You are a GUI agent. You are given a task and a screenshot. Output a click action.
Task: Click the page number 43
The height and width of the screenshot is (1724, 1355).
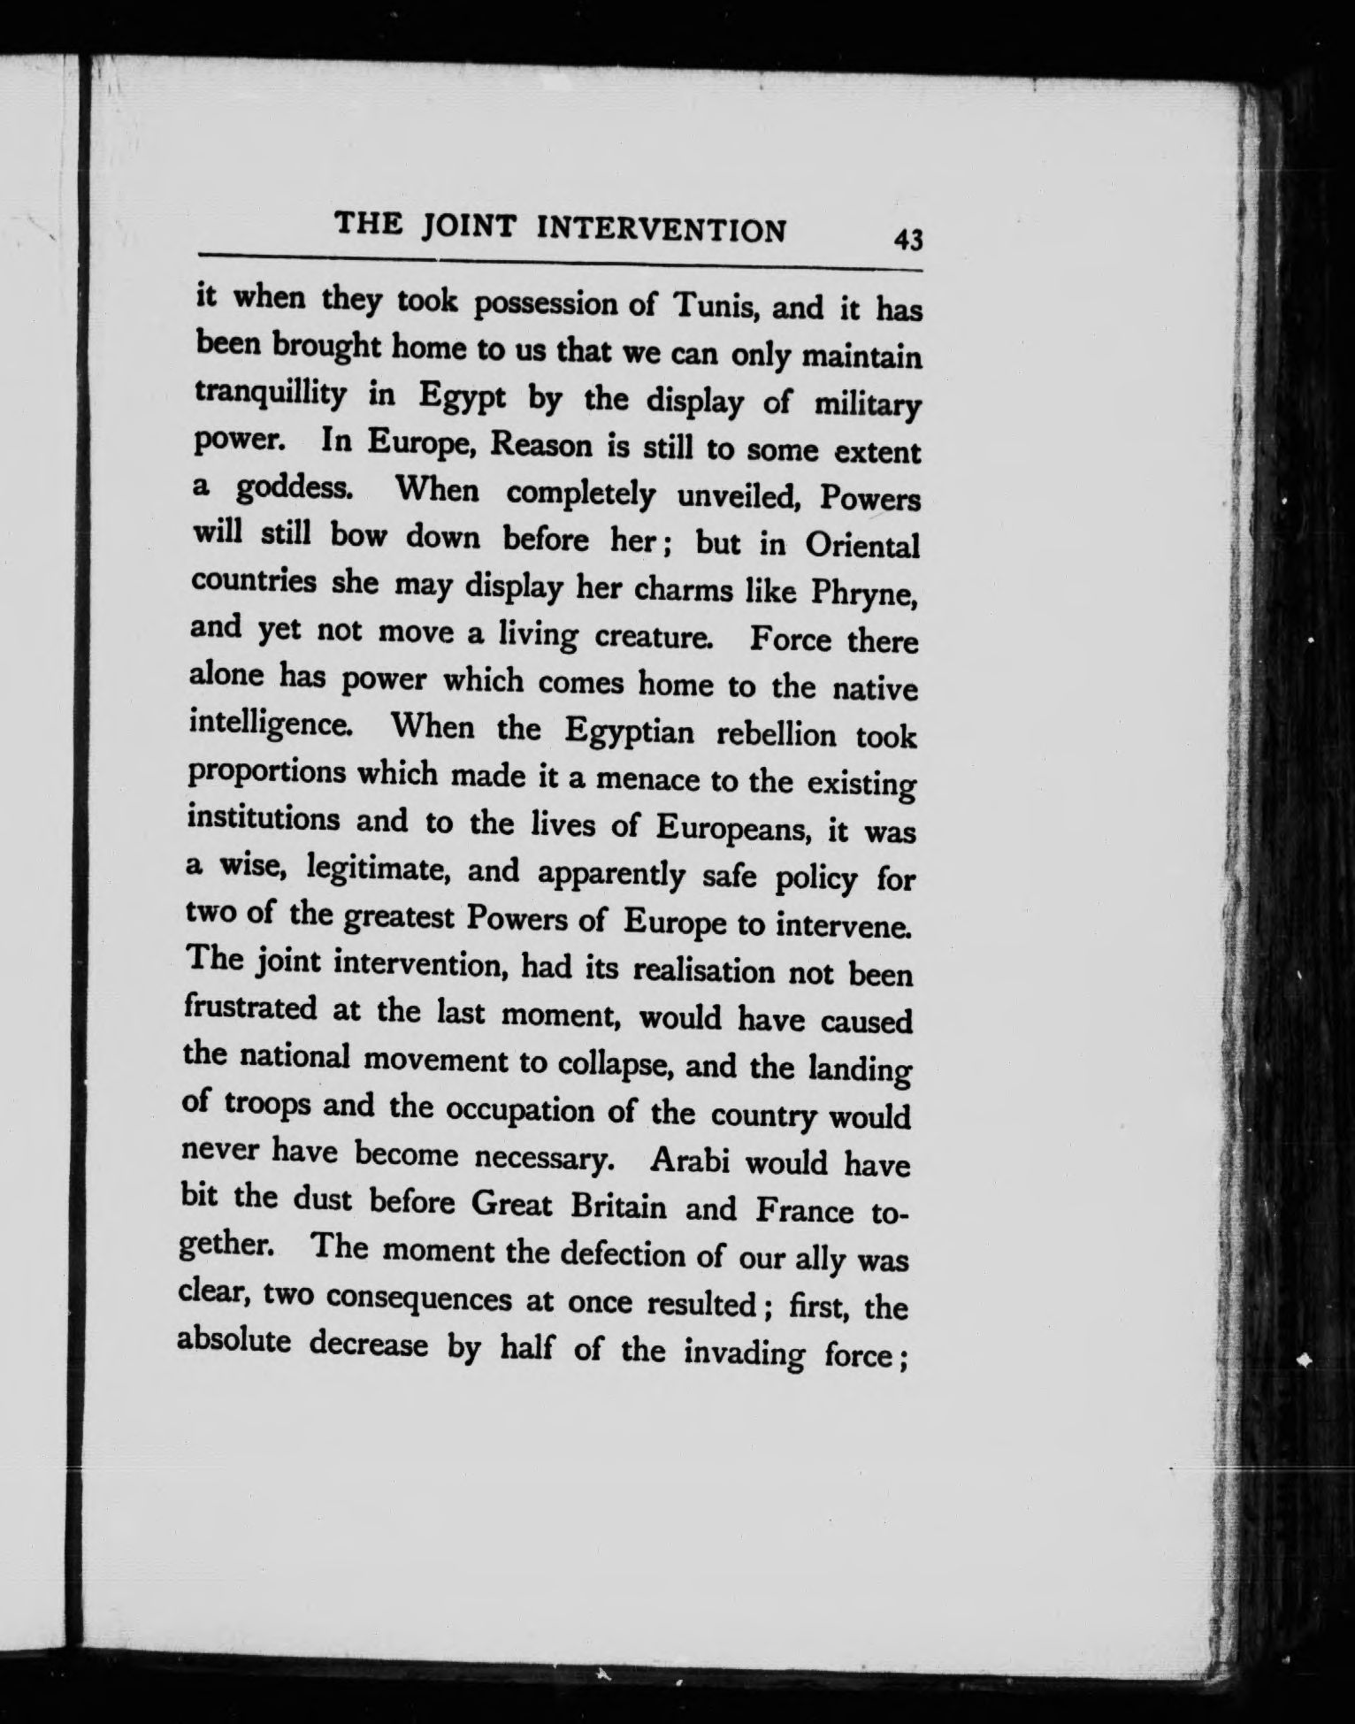(908, 240)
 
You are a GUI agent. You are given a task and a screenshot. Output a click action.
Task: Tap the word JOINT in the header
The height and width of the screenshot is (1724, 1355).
(468, 226)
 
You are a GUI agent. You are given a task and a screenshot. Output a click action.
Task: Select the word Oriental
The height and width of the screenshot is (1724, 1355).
(861, 546)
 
